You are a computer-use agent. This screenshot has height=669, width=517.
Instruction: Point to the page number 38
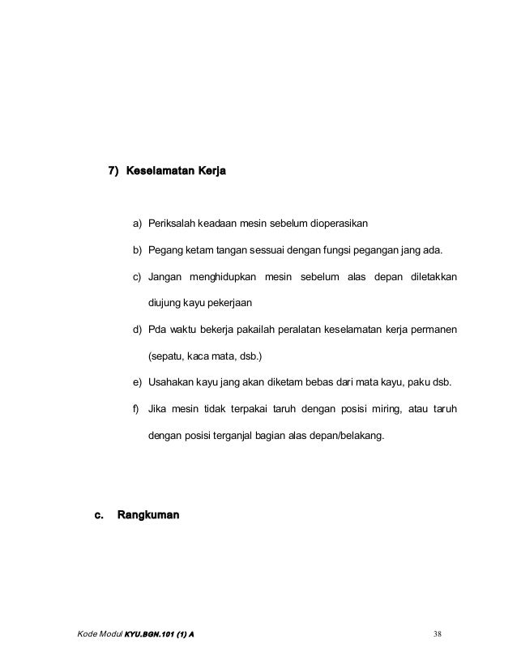(438, 633)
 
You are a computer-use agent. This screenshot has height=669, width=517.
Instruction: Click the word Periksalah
(175, 222)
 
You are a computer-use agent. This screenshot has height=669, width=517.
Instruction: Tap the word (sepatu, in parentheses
(166, 356)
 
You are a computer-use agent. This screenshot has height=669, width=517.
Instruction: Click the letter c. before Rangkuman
(100, 514)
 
